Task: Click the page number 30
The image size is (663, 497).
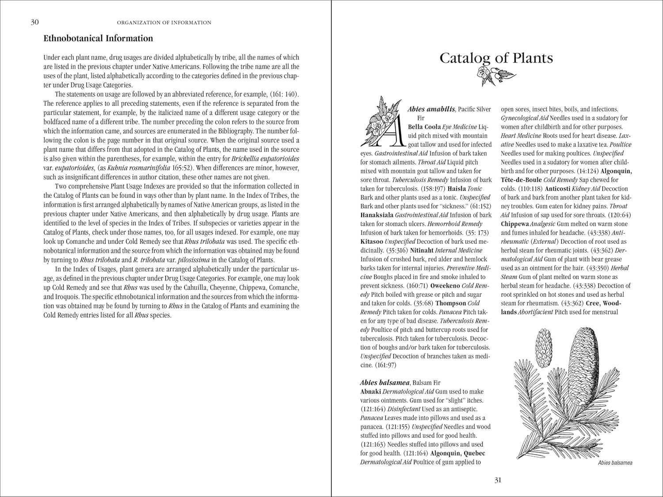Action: coord(34,22)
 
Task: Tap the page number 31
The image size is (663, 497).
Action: coord(498,480)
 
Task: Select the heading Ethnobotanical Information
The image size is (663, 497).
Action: coord(98,38)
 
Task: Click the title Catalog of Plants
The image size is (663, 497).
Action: coord(496,58)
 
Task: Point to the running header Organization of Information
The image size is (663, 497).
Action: coord(164,23)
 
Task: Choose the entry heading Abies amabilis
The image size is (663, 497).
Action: coord(431,109)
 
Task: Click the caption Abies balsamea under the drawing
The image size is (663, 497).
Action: coord(615,463)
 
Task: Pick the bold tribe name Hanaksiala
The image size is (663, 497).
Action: coord(377,215)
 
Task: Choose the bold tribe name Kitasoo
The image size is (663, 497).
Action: coord(372,242)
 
